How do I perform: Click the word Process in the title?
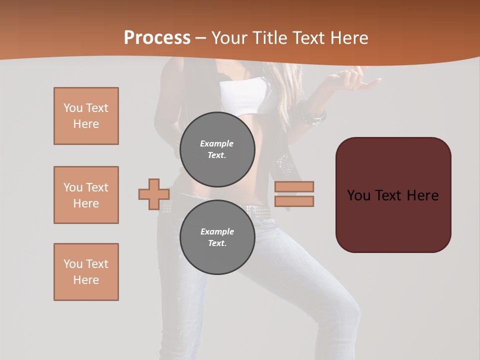coord(157,37)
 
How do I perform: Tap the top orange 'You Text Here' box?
coord(86,116)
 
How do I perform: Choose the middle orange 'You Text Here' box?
coord(86,195)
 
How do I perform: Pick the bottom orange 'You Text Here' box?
coord(86,272)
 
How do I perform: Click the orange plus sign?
coord(153,194)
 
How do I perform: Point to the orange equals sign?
coord(294,194)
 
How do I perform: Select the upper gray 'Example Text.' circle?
coord(217,149)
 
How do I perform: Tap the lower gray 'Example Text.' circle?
coord(217,237)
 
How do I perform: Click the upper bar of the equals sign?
coord(294,187)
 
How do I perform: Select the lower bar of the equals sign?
coord(294,201)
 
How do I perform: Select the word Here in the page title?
coord(348,38)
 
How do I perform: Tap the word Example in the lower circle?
coord(217,231)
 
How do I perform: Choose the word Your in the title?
coord(229,38)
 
